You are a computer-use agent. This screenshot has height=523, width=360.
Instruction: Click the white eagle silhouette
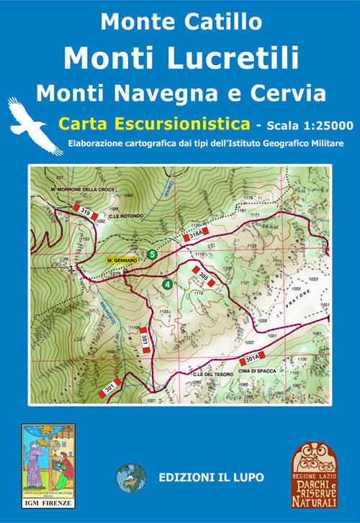(35, 125)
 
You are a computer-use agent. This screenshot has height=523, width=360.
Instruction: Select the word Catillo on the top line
(225, 21)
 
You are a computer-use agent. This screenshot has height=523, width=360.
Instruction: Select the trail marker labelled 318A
(197, 233)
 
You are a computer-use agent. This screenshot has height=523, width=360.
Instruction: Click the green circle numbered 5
(151, 254)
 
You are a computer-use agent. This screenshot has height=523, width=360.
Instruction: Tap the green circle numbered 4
(167, 283)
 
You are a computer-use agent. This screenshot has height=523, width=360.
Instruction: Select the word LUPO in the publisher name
(248, 476)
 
